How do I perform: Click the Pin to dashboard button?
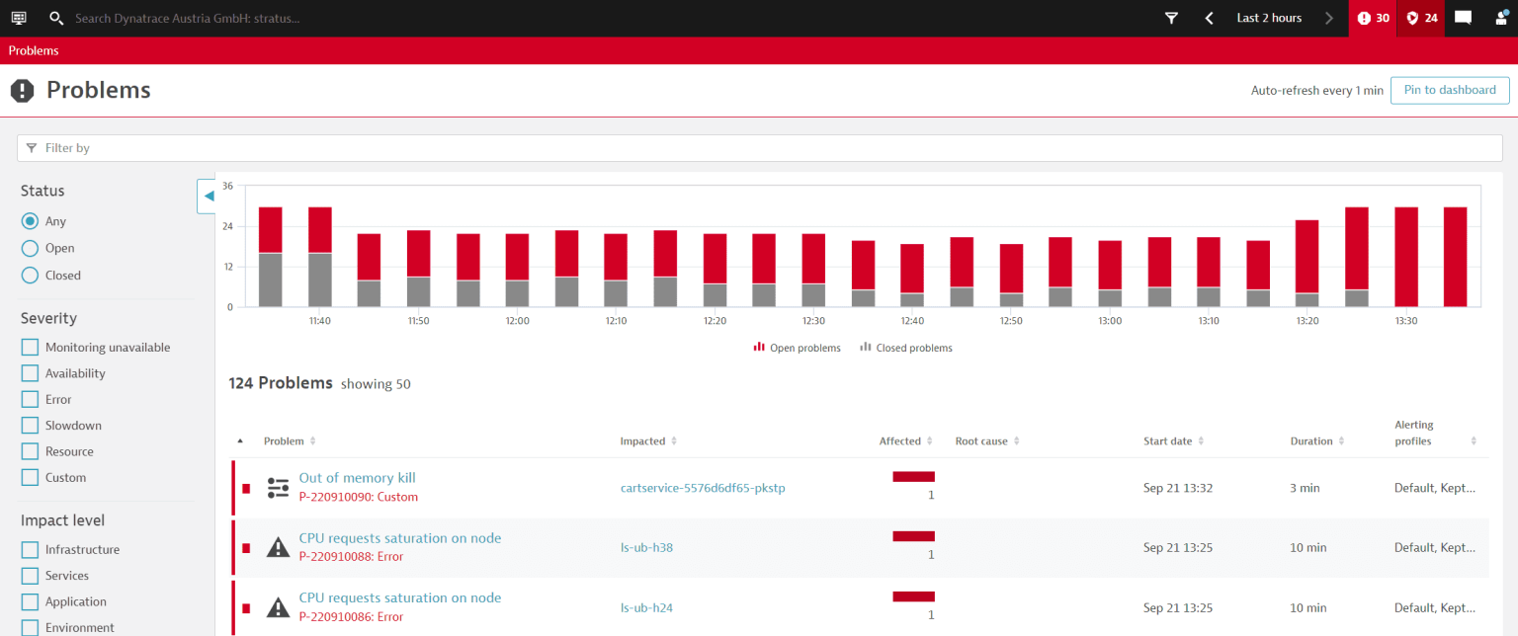click(1450, 90)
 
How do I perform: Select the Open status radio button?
click(30, 249)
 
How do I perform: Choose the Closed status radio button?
click(30, 276)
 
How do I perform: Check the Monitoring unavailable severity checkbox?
click(30, 348)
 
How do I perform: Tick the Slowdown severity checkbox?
click(30, 426)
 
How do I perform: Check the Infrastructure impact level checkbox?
click(30, 550)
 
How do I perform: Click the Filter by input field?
click(759, 148)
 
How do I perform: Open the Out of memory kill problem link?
click(357, 478)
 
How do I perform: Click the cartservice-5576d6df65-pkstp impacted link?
click(703, 488)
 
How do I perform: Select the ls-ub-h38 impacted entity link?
click(646, 547)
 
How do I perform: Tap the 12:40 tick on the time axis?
click(912, 321)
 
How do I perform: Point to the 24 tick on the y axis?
click(227, 226)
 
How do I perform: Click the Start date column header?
click(1167, 441)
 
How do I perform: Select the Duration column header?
click(1311, 441)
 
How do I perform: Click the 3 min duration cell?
click(1304, 488)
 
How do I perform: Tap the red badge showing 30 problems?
click(1373, 18)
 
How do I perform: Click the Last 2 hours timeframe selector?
click(1269, 18)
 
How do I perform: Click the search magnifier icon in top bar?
click(56, 18)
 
